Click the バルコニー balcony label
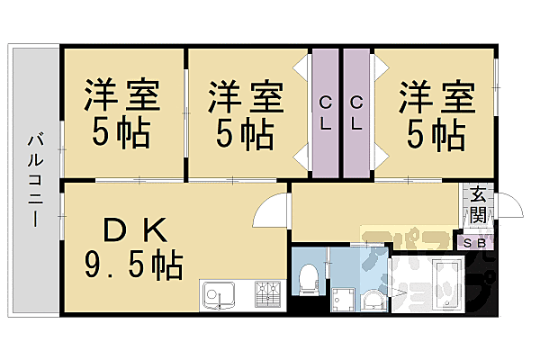pyautogui.click(x=33, y=180)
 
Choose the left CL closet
pyautogui.click(x=324, y=112)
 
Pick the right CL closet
pyautogui.click(x=356, y=112)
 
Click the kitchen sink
pyautogui.click(x=217, y=293)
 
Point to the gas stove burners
pyautogui.click(x=269, y=293)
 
